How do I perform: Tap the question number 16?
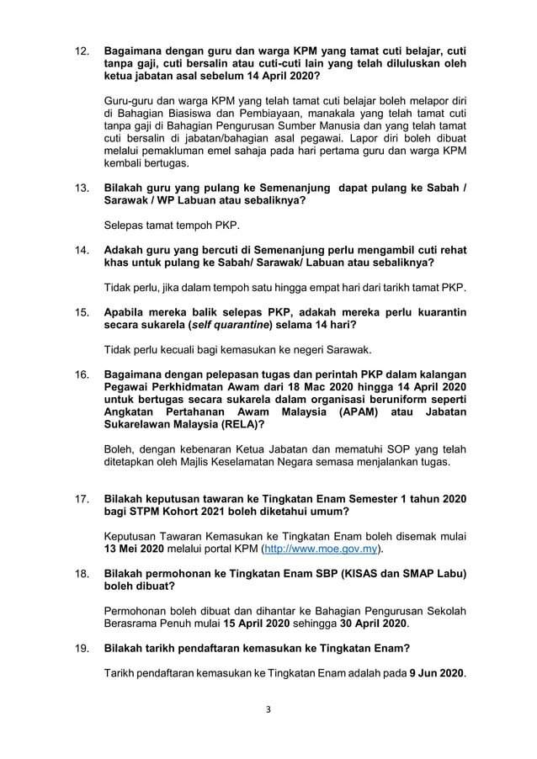point(82,374)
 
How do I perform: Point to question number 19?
point(82,650)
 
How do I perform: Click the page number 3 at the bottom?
point(268,709)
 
